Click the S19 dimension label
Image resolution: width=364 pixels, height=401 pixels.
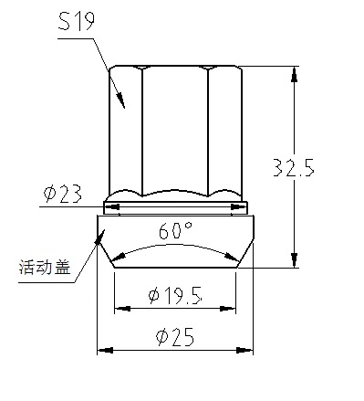click(77, 21)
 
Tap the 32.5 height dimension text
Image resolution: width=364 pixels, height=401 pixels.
click(294, 167)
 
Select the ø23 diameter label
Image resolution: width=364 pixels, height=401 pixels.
click(63, 194)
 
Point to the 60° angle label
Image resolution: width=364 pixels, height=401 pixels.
click(175, 230)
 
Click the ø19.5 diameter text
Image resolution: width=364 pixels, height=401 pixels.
click(175, 295)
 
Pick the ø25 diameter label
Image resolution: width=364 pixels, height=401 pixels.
click(175, 337)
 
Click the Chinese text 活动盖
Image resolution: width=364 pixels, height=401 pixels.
click(45, 267)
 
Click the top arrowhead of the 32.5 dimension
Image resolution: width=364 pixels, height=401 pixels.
click(294, 75)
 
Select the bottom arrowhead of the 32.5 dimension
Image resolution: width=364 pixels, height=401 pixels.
click(294, 259)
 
